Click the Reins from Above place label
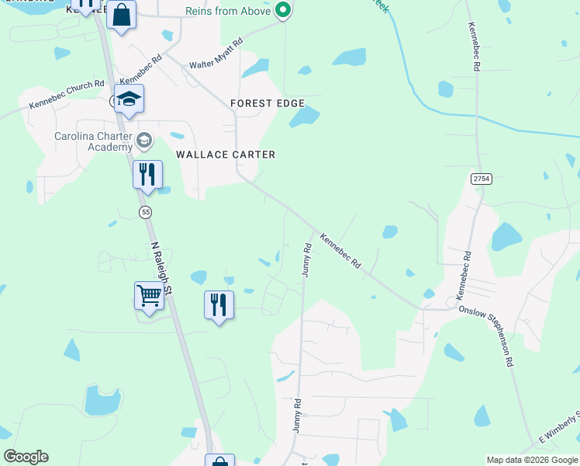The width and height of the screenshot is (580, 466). pyautogui.click(x=229, y=11)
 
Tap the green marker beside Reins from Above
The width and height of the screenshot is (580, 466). pyautogui.click(x=283, y=11)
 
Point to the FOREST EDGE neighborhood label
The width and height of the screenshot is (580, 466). pyautogui.click(x=268, y=103)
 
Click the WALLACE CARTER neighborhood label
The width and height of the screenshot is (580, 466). pyautogui.click(x=226, y=155)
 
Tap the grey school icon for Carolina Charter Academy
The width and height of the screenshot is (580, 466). pyautogui.click(x=143, y=141)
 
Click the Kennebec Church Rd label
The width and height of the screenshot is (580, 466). pyautogui.click(x=67, y=94)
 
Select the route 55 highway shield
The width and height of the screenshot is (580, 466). pyautogui.click(x=145, y=211)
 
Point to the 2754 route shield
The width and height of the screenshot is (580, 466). pyautogui.click(x=482, y=179)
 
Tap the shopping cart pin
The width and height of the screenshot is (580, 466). pyautogui.click(x=149, y=296)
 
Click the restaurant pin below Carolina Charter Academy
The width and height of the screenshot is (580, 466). pyautogui.click(x=147, y=175)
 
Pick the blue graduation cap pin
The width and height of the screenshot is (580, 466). pyautogui.click(x=130, y=99)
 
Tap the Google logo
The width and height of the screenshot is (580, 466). pyautogui.click(x=26, y=457)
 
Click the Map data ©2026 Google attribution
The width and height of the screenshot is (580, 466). pyautogui.click(x=532, y=460)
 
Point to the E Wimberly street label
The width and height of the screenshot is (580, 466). pyautogui.click(x=559, y=435)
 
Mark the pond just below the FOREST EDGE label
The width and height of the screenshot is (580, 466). pyautogui.click(x=305, y=117)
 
